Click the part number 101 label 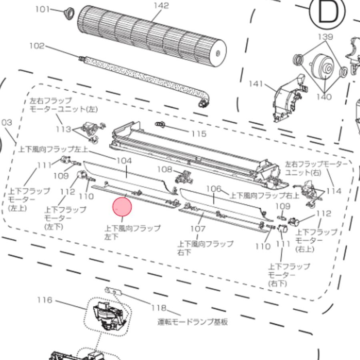43,9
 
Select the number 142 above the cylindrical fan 161,6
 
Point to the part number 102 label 37,46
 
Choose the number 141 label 256,84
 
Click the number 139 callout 325,36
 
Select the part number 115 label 199,134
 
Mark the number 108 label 164,169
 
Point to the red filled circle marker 122,208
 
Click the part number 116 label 45,300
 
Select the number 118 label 159,308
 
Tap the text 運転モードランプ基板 193,321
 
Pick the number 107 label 198,229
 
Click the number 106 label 214,188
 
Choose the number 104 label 124,160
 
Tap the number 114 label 334,191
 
